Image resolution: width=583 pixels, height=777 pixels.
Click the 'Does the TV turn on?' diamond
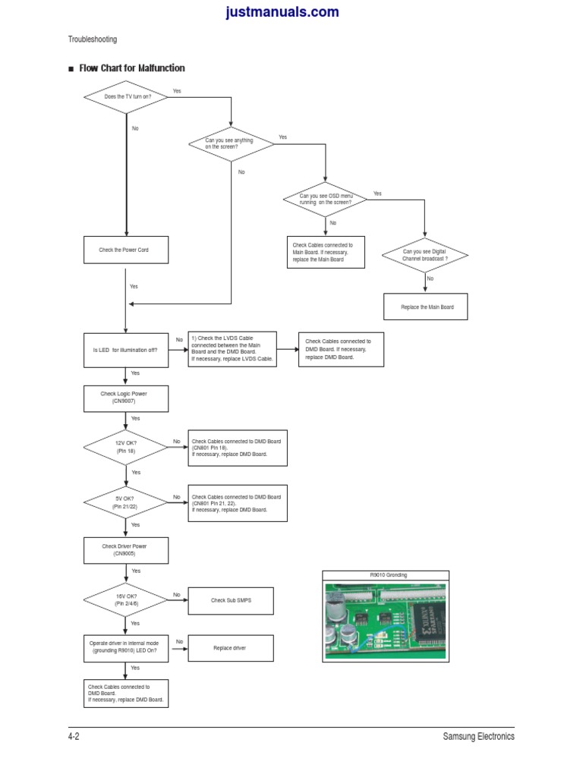[126, 97]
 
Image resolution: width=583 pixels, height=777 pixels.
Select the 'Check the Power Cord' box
[126, 250]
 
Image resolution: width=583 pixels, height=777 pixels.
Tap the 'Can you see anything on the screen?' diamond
[231, 143]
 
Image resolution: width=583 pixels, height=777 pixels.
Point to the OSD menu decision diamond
[325, 200]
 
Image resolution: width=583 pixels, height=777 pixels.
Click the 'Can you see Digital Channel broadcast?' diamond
[425, 255]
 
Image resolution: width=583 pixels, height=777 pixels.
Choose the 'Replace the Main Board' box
[427, 307]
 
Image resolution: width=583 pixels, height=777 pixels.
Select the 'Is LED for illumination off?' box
[126, 350]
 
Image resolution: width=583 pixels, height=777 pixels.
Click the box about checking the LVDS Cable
[232, 349]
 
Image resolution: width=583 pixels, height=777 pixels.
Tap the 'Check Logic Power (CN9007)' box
[126, 398]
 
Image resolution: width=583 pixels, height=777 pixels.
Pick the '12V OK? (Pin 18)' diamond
[126, 447]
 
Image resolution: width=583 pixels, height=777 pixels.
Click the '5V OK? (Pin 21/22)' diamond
[126, 502]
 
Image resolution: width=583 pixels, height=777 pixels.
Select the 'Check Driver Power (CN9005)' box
[126, 550]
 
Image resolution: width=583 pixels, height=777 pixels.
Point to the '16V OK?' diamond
[126, 599]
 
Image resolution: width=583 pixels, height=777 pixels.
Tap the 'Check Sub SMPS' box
[231, 600]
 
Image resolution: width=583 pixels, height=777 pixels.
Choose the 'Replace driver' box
[231, 648]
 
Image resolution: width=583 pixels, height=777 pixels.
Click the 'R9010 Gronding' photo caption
[388, 575]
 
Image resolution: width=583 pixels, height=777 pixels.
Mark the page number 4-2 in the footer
[74, 736]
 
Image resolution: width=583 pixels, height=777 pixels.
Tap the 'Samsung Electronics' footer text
[478, 736]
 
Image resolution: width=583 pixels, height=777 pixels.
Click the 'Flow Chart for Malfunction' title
[131, 68]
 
